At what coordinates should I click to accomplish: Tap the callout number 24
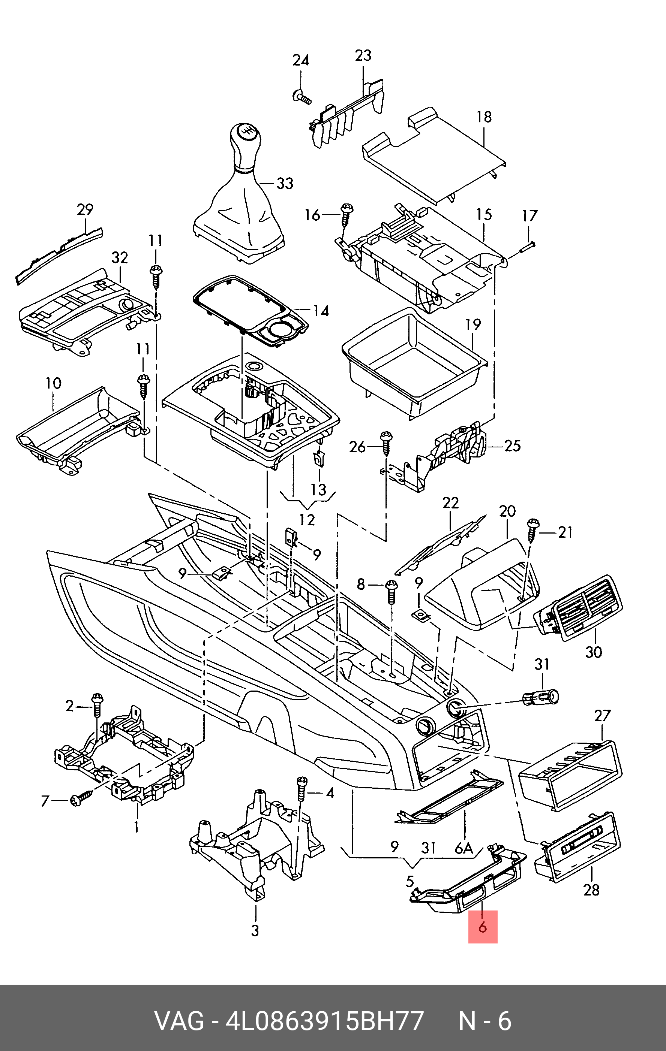coord(300,60)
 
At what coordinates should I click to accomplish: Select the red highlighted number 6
coord(483,927)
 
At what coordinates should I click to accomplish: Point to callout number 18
coord(484,117)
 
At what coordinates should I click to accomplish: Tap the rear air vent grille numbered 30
coord(579,607)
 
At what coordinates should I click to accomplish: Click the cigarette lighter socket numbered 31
coord(541,697)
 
